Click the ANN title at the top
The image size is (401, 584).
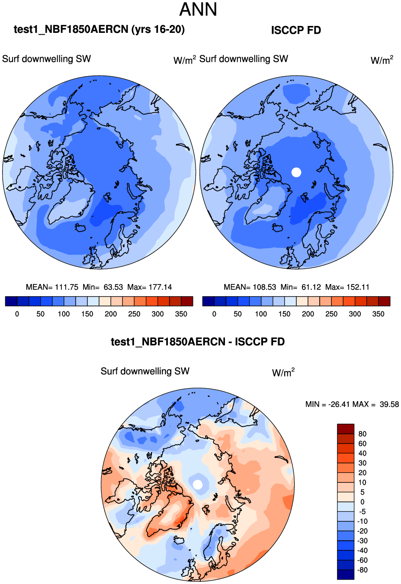(x=198, y=10)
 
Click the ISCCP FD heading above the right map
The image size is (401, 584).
(x=296, y=30)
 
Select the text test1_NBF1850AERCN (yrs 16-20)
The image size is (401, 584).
(x=99, y=29)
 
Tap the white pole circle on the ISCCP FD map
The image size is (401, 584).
(x=296, y=172)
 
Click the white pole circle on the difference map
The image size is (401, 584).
(x=198, y=485)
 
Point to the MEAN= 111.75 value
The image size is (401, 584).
(x=52, y=287)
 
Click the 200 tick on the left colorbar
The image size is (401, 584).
(x=111, y=314)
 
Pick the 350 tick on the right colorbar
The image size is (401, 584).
(x=378, y=314)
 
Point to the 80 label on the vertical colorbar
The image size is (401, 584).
(x=363, y=434)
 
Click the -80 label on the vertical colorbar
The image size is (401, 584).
(x=362, y=570)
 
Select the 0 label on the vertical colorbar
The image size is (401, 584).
(x=363, y=502)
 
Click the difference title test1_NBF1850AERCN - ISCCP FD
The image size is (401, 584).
(x=198, y=342)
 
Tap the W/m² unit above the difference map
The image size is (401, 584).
(x=283, y=372)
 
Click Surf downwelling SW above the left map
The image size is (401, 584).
(x=47, y=59)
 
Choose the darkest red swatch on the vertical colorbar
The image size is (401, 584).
(x=346, y=429)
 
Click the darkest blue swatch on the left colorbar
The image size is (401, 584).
(x=11, y=301)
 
